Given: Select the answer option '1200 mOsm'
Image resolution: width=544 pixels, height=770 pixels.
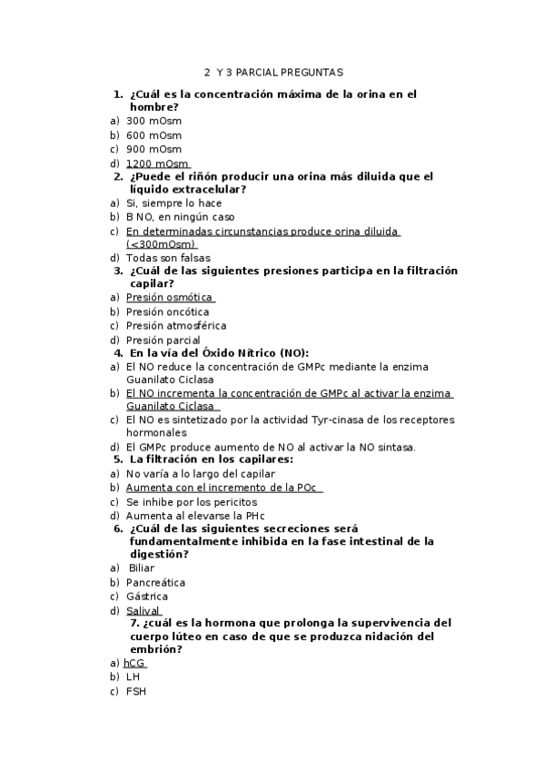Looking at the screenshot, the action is coord(157,163).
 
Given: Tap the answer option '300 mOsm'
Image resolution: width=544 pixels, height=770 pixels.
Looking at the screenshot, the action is coord(153,120).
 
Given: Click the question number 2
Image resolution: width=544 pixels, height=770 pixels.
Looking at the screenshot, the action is coord(118,176).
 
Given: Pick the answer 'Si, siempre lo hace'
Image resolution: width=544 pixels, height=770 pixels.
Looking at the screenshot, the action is coord(173,203).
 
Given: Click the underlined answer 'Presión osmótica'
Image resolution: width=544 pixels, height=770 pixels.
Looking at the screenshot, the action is coord(169,297).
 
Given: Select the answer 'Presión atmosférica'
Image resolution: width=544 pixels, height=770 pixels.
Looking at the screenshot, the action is coord(176,325).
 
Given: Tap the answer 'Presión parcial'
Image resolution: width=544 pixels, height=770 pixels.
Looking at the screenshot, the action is coord(163,340).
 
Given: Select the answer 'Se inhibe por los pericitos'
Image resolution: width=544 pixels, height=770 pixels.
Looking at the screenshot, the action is coord(192,501).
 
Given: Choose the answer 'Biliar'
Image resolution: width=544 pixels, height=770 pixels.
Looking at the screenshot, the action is coord(142,568).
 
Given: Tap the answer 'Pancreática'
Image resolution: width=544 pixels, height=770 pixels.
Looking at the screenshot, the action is coord(155,582).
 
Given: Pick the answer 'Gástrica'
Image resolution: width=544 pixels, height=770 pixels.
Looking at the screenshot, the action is coord(147,597).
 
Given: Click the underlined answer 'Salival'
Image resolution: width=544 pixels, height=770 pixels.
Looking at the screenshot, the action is coord(143,611).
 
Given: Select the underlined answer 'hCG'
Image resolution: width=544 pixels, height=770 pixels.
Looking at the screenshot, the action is coord(134,663).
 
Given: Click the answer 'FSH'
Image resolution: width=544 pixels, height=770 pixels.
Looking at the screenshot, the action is coord(135,691).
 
